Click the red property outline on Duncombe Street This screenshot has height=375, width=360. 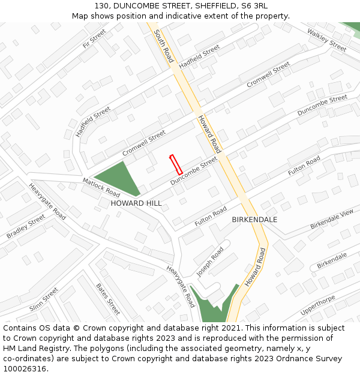pos(176,164)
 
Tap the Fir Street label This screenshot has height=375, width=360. pos(94,39)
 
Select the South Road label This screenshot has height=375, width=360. pos(163,46)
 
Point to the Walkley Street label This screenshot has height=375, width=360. pos(326,40)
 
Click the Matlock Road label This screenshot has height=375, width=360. pos(101,187)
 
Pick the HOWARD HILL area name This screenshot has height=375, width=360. pos(136,203)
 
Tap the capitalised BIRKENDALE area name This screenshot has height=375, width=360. pos(254,220)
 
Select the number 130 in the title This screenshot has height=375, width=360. pos(101,6)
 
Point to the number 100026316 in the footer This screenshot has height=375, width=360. pos(23,369)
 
